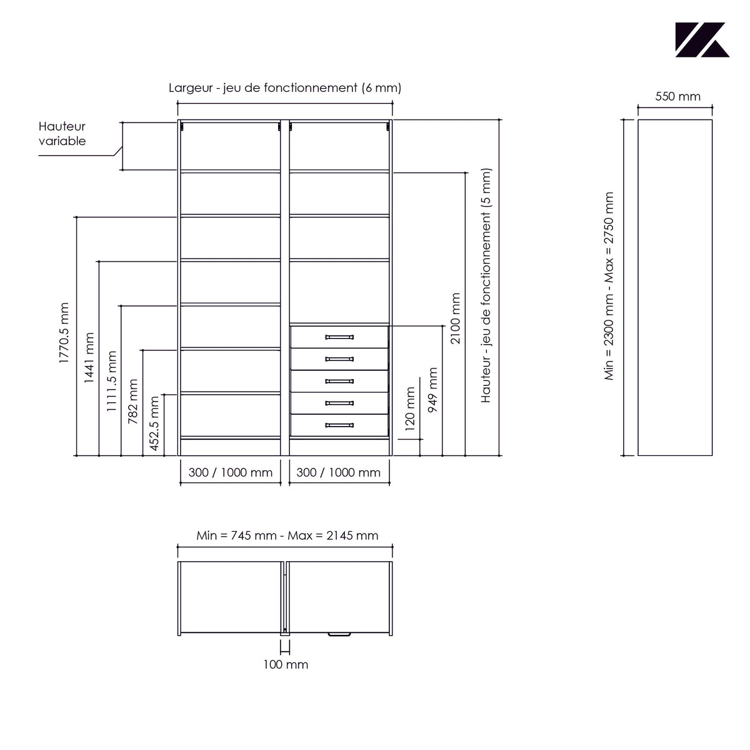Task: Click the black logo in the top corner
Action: pyautogui.click(x=702, y=40)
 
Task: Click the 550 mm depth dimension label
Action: pyautogui.click(x=677, y=96)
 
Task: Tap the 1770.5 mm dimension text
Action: pyautogui.click(x=64, y=333)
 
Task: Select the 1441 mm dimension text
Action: pyautogui.click(x=89, y=358)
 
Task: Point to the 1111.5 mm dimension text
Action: pyautogui.click(x=112, y=381)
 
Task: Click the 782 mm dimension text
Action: pyautogui.click(x=133, y=402)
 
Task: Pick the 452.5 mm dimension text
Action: pyautogui.click(x=154, y=423)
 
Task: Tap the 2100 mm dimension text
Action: pyautogui.click(x=456, y=318)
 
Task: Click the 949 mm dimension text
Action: pyautogui.click(x=432, y=390)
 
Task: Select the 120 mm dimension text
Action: pyautogui.click(x=410, y=408)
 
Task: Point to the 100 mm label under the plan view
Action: pyautogui.click(x=286, y=664)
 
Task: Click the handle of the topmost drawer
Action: pyautogui.click(x=339, y=337)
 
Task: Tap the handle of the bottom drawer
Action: pyautogui.click(x=339, y=425)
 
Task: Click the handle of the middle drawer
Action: pyautogui.click(x=339, y=381)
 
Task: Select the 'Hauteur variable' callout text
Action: pyautogui.click(x=62, y=134)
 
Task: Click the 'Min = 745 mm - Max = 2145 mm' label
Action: pyautogui.click(x=287, y=535)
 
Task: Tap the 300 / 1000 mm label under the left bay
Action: pyautogui.click(x=231, y=472)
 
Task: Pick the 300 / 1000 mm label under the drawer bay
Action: pyautogui.click(x=339, y=472)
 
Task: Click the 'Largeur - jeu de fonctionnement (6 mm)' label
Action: pyautogui.click(x=285, y=88)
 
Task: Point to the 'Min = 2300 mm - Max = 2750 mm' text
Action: pyautogui.click(x=609, y=286)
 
